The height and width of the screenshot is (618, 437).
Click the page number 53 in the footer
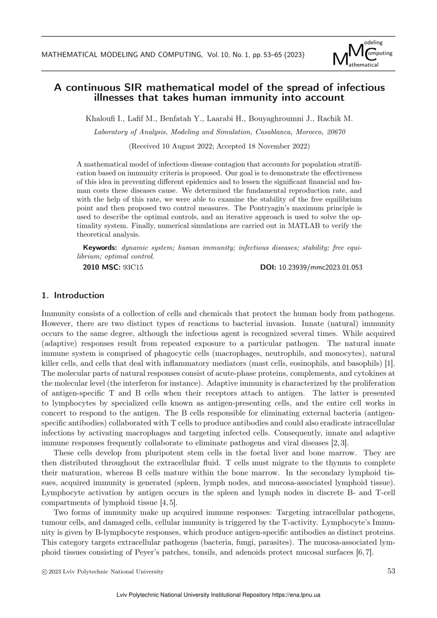coord(391,571)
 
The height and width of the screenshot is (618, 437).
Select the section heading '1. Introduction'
coord(73,295)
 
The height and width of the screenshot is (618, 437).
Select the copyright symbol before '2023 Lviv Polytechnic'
coord(44,572)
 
